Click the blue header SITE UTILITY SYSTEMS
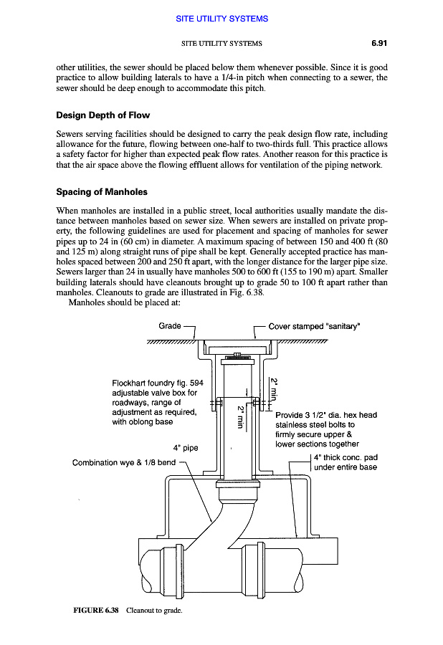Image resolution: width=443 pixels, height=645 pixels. click(x=221, y=18)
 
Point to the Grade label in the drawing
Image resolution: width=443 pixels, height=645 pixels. click(x=170, y=326)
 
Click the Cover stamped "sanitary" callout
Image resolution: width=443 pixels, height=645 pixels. click(x=314, y=326)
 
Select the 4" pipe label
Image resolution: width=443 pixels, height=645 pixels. click(x=186, y=449)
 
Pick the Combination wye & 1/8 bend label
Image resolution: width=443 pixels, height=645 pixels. click(x=124, y=462)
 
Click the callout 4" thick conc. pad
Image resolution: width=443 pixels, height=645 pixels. click(x=346, y=458)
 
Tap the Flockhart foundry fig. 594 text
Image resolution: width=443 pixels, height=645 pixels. click(x=158, y=383)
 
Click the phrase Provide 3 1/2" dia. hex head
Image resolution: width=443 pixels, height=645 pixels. click(x=326, y=415)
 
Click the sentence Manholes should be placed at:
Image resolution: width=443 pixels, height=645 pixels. click(x=114, y=302)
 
